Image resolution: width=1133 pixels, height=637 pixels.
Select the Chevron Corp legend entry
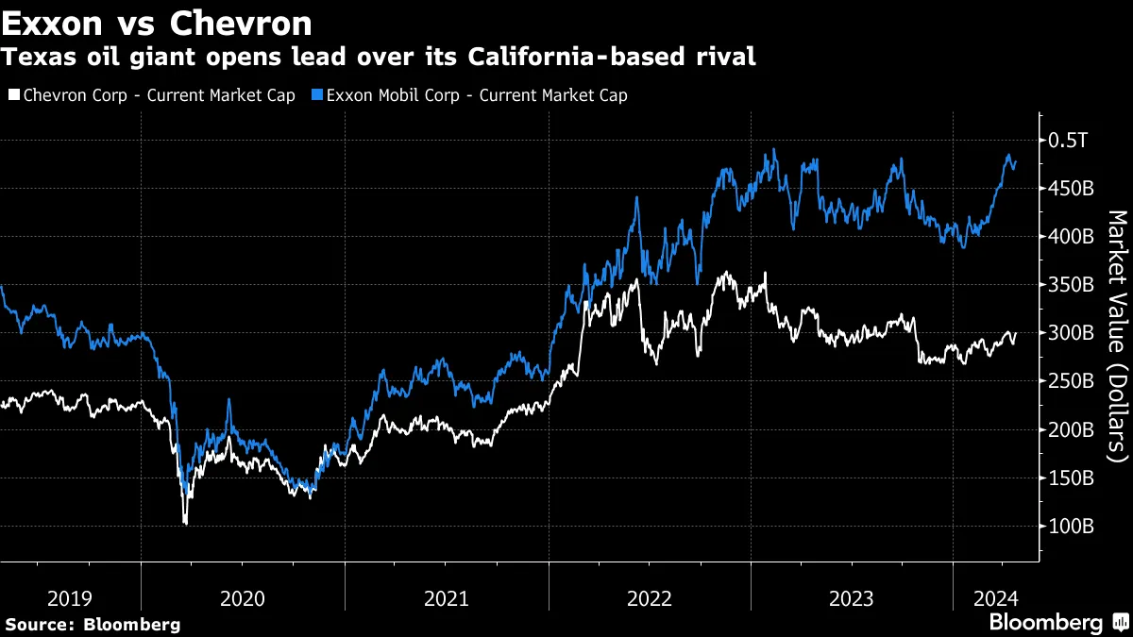tap(151, 95)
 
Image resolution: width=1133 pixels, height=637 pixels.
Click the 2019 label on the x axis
tap(70, 597)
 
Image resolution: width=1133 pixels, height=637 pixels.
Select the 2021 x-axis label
tap(447, 597)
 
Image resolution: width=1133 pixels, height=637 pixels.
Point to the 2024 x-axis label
tap(995, 597)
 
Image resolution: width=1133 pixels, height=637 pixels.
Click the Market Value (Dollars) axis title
tap(1116, 335)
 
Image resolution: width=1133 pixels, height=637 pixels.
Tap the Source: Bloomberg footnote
tap(93, 624)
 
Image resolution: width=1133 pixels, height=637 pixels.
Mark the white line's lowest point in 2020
tap(185, 524)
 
